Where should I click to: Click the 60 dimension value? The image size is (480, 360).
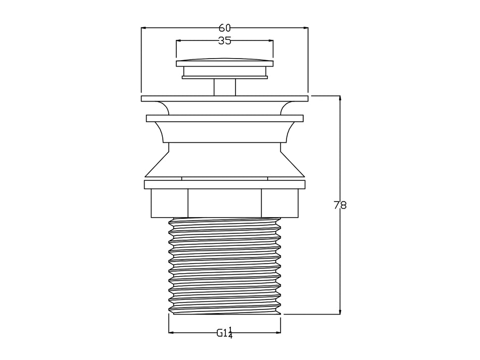(224, 28)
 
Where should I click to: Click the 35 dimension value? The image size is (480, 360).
(224, 40)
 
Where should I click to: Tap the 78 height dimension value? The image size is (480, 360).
(340, 205)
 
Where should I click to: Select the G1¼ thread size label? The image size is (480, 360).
(224, 332)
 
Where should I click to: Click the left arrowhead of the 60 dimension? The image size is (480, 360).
(143, 28)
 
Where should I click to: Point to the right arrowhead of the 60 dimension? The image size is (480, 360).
(306, 28)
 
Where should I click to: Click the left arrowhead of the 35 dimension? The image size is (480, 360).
(179, 40)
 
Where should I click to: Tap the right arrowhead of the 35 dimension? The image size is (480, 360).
(271, 40)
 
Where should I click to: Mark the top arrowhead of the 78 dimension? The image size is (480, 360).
(340, 98)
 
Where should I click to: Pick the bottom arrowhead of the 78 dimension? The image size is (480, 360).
(340, 311)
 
